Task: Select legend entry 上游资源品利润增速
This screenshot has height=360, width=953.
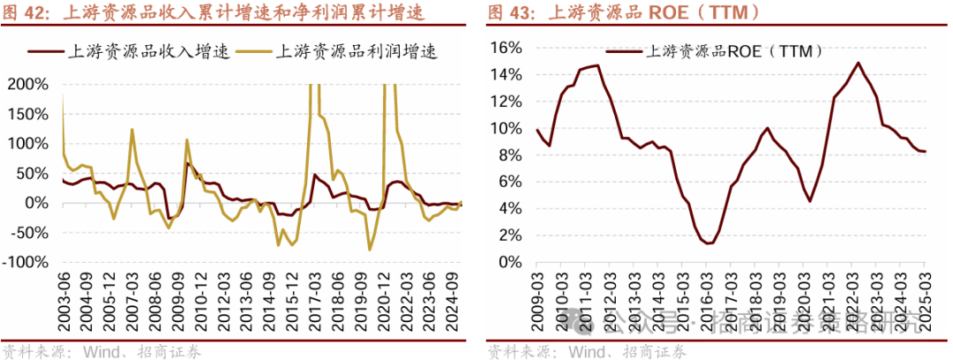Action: [x=356, y=51]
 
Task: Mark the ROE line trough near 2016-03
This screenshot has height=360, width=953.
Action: [x=709, y=244]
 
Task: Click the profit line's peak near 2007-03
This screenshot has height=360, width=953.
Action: [x=131, y=130]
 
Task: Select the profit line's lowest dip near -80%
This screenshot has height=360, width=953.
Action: [x=368, y=250]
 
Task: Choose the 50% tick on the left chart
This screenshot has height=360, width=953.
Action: [x=34, y=173]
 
